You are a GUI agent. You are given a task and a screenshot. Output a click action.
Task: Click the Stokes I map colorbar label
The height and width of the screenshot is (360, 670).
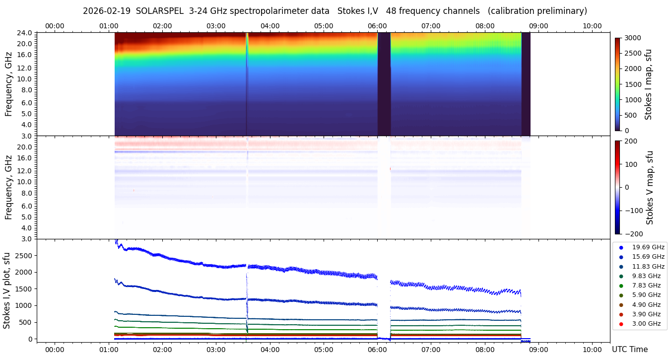(648, 84)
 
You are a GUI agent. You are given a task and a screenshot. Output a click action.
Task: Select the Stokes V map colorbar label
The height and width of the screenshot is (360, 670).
(649, 187)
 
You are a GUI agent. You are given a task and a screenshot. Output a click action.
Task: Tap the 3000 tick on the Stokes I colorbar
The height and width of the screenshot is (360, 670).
(633, 38)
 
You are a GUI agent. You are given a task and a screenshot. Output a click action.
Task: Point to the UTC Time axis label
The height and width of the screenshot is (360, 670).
(629, 350)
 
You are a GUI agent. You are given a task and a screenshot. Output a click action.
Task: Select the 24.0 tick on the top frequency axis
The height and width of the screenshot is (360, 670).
(24, 33)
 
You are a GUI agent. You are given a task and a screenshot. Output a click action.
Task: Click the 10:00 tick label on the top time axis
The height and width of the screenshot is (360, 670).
(592, 26)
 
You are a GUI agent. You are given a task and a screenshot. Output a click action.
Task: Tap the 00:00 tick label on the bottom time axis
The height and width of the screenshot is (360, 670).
(55, 350)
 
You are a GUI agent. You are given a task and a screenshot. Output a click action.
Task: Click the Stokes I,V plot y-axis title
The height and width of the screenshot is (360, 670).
(7, 290)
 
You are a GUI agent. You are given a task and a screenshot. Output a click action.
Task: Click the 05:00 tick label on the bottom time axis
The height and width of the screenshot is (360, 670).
(324, 350)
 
